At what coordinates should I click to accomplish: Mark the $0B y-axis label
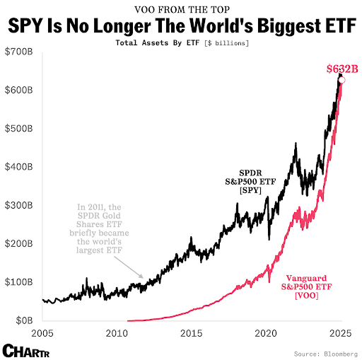click(x=17, y=320)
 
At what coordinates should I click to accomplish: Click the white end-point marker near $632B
click(x=341, y=80)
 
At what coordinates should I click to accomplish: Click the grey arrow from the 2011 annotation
click(x=131, y=268)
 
